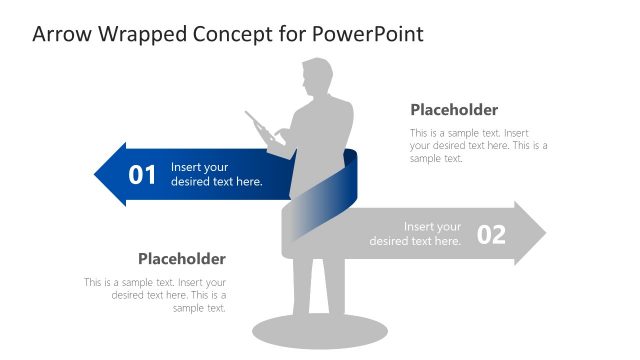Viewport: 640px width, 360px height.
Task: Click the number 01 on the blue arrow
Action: pyautogui.click(x=143, y=175)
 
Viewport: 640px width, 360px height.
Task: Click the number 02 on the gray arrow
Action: pyautogui.click(x=491, y=234)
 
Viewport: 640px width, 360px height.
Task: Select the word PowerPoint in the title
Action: pyautogui.click(x=368, y=34)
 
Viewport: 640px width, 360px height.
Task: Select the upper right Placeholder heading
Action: pyautogui.click(x=454, y=110)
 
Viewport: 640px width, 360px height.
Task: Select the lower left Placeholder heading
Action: pyautogui.click(x=181, y=259)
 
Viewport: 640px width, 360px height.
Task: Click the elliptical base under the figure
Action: pyautogui.click(x=319, y=329)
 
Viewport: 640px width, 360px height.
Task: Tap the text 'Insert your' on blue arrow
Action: pyautogui.click(x=200, y=167)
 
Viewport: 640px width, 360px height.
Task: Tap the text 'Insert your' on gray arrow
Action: pyautogui.click(x=432, y=227)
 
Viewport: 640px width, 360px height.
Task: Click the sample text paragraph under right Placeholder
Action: pyautogui.click(x=478, y=145)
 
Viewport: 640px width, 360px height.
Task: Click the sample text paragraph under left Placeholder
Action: pyautogui.click(x=156, y=295)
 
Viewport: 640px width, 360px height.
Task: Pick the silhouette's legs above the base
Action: pyautogui.click(x=318, y=285)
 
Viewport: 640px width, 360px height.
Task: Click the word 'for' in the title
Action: pyautogui.click(x=290, y=34)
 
